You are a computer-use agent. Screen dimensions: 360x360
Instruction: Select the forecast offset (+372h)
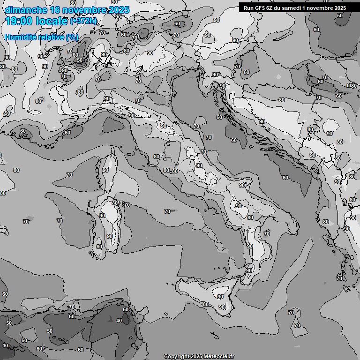[x=83, y=21]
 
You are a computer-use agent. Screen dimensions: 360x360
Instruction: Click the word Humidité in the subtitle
[x=21, y=37]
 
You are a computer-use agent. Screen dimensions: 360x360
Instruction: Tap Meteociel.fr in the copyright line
[x=220, y=356]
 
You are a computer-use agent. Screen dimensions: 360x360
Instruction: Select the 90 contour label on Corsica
[x=106, y=170]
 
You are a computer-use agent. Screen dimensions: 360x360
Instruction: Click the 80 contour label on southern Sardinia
[x=99, y=247]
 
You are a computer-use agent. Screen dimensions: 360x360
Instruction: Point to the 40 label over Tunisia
[x=119, y=321]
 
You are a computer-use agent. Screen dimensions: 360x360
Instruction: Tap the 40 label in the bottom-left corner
[x=5, y=345]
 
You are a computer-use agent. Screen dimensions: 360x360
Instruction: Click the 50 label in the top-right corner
[x=340, y=15]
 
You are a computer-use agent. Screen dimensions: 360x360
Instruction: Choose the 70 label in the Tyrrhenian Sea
[x=167, y=211]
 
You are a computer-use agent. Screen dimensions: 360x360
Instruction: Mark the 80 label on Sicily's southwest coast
[x=205, y=304]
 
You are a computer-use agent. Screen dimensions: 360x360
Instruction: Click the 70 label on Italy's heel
[x=267, y=233]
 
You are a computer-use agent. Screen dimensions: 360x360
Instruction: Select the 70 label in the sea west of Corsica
[x=69, y=175]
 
